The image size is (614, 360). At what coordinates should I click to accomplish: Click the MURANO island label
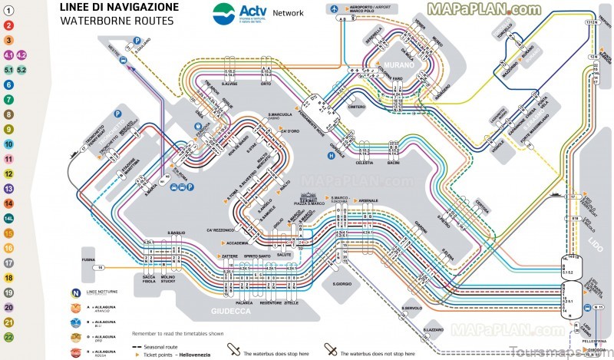click(x=401, y=66)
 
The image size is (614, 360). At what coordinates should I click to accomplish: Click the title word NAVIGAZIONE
click(x=143, y=7)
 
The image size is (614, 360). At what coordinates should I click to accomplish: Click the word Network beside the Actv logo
click(x=288, y=13)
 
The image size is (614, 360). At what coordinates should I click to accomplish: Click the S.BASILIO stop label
click(x=177, y=233)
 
